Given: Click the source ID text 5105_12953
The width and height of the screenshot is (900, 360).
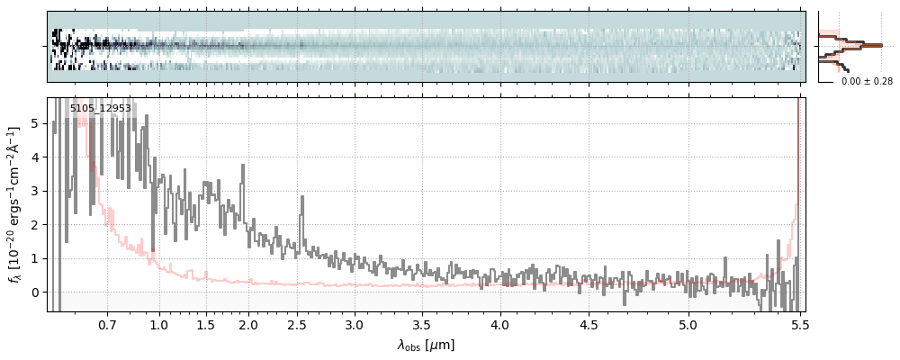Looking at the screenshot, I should pos(101,109).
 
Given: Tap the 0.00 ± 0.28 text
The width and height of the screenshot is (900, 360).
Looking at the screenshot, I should pos(867,82).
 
